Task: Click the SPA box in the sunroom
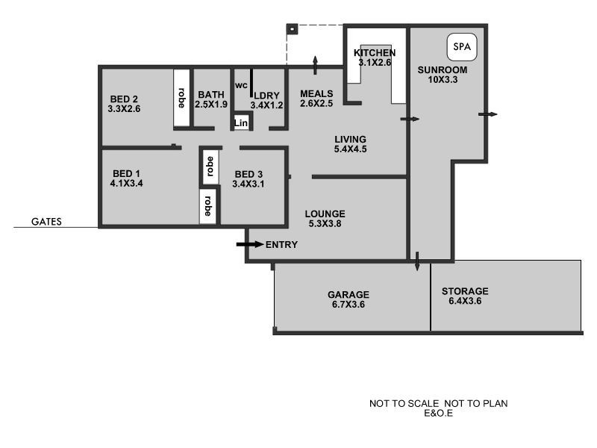coord(463,48)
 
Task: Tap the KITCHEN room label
coord(375,53)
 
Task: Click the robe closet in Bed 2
coord(181,99)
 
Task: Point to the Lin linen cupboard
coord(241,122)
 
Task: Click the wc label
coord(240,85)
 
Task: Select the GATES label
coord(46,222)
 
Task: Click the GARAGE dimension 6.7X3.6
coord(348,305)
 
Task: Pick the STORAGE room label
coord(465,291)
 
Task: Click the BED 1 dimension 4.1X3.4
coord(125,183)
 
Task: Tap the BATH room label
coord(211,95)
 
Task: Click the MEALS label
coord(316,93)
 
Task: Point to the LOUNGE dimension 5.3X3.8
coord(325,224)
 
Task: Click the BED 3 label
coord(249,173)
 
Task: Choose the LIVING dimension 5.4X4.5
coord(350,149)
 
